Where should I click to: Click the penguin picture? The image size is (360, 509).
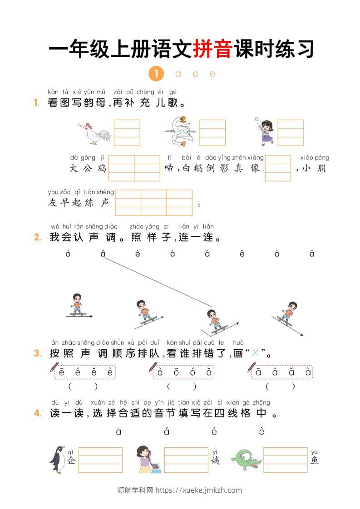(x=57, y=460)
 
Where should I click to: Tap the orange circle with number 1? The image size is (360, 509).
(x=156, y=73)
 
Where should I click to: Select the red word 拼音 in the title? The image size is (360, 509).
(x=212, y=49)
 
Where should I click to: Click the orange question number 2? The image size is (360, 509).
(x=38, y=237)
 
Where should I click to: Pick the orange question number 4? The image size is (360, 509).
(x=38, y=413)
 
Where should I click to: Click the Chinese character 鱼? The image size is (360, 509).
(x=315, y=460)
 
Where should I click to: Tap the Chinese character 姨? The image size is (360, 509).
(x=215, y=460)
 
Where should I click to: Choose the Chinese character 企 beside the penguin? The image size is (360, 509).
(x=71, y=460)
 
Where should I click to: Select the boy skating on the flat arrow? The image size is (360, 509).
(x=77, y=305)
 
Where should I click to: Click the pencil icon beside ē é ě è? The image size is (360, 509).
(x=55, y=367)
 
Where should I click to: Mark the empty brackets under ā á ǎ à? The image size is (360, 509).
(x=280, y=387)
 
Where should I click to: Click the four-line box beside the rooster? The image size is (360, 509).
(x=127, y=132)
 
